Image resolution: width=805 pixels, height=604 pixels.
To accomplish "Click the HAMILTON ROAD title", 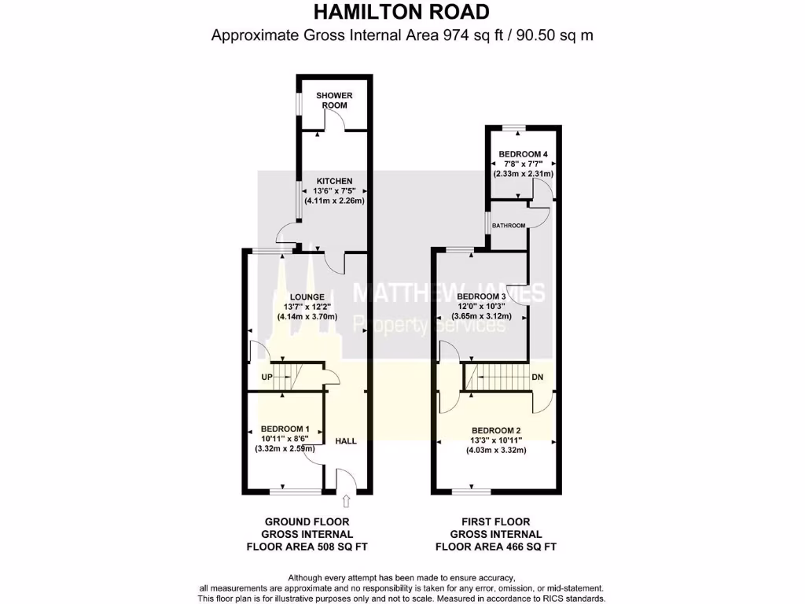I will pyautogui.click(x=402, y=12).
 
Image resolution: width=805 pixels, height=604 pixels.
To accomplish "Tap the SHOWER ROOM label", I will pyautogui.click(x=334, y=100).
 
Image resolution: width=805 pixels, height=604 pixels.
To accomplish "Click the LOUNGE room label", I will pyautogui.click(x=307, y=296).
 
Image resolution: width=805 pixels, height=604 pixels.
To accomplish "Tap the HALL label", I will pyautogui.click(x=346, y=441).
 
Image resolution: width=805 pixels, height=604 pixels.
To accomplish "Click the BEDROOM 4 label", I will pyautogui.click(x=523, y=153).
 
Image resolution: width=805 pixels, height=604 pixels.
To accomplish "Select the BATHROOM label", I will pyautogui.click(x=508, y=226).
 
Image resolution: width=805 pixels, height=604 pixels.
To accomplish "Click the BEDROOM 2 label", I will pyautogui.click(x=496, y=429).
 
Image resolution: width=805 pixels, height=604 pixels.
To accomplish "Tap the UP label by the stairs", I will pyautogui.click(x=266, y=377).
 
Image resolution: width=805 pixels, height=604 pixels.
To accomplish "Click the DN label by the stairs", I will pyautogui.click(x=538, y=377).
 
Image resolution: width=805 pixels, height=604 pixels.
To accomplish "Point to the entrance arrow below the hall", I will pyautogui.click(x=346, y=501).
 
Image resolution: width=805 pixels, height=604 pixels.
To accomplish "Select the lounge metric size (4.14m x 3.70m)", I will pyautogui.click(x=307, y=316).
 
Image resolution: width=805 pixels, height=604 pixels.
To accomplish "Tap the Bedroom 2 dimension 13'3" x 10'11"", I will pyautogui.click(x=495, y=440).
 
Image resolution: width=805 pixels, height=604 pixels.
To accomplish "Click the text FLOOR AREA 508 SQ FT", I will pyautogui.click(x=307, y=547).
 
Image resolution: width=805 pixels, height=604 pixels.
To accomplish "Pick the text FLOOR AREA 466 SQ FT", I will pyautogui.click(x=496, y=547).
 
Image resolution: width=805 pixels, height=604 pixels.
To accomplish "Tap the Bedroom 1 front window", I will pyautogui.click(x=296, y=492).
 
